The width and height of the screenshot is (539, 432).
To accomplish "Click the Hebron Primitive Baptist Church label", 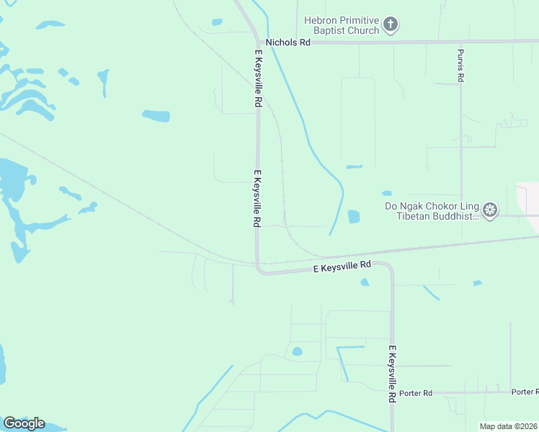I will tap(342, 26).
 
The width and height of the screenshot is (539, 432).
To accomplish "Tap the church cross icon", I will tap(391, 26).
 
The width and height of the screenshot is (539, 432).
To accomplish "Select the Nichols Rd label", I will tap(288, 42).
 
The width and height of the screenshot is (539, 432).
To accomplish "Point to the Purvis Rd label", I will tap(460, 66).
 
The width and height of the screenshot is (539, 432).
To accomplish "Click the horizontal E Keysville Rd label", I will tap(342, 266).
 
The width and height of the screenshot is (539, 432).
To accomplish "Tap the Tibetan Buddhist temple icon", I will tap(491, 210).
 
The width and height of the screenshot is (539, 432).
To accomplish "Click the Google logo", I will tap(24, 423).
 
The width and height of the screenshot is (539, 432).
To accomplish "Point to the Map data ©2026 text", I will tap(509, 426).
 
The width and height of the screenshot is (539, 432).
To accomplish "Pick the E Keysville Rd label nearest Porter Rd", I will tap(392, 374).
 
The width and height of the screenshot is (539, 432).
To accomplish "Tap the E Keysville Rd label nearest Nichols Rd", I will tap(257, 79).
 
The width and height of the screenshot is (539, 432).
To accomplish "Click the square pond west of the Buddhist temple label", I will tap(353, 216).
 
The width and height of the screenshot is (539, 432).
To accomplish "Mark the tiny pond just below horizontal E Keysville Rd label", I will tap(365, 282).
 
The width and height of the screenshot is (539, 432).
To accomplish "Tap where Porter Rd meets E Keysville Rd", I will tap(392, 393).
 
